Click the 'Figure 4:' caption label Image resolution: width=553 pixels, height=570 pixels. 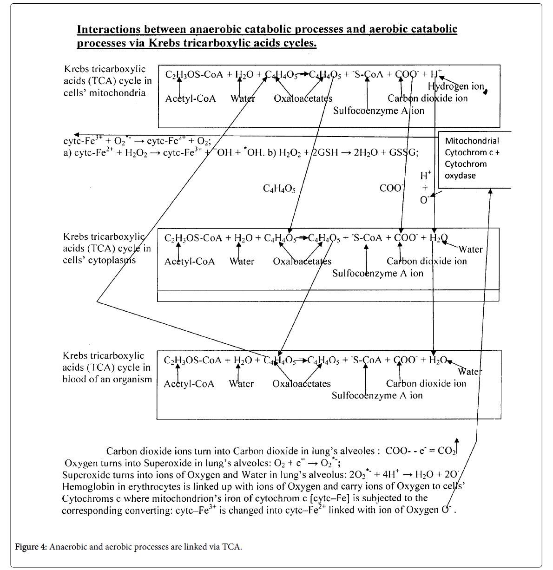tap(31, 547)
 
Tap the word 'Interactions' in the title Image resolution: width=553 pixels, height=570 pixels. tap(109, 29)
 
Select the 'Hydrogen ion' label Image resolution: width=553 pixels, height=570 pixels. tap(455, 86)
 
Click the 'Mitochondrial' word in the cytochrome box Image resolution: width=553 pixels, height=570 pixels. tap(472, 141)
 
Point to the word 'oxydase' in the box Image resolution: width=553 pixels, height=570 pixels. tap(460, 176)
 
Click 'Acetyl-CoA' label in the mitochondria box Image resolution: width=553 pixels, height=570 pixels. tap(191, 98)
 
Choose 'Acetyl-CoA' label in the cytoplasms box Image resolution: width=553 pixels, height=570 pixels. tap(190, 262)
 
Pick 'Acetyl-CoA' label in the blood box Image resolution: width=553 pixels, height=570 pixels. tap(189, 384)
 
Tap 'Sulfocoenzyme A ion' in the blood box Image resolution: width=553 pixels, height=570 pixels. tap(377, 395)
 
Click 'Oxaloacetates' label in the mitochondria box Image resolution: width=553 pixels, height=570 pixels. tap(303, 98)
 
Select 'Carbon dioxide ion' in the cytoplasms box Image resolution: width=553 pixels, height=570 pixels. tap(427, 261)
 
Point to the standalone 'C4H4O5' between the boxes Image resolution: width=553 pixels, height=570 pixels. tap(279, 189)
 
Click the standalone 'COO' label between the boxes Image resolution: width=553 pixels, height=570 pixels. tap(391, 188)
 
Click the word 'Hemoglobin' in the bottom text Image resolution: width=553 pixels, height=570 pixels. tap(88, 486)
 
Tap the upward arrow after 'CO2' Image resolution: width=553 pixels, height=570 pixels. tap(457, 445)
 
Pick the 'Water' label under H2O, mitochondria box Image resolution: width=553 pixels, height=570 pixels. tap(243, 98)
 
